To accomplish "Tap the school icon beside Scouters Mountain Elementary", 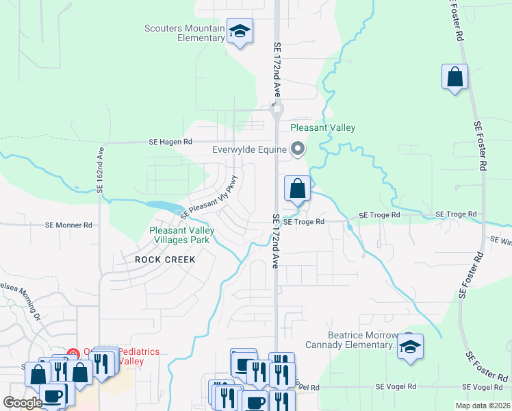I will [x=240, y=32].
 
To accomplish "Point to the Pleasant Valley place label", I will [x=322, y=127].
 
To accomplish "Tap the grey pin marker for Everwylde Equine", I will [x=298, y=148].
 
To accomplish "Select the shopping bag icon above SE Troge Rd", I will [x=297, y=188].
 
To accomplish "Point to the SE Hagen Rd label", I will [x=170, y=142].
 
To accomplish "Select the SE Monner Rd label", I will [x=68, y=225].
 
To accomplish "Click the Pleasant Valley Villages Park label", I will [x=182, y=235].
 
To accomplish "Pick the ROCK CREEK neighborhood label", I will [x=165, y=260].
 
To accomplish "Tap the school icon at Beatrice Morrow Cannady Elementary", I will [x=410, y=347].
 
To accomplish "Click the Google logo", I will [x=23, y=403].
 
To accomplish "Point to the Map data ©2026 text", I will [x=482, y=406].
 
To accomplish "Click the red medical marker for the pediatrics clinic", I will [x=73, y=354].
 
